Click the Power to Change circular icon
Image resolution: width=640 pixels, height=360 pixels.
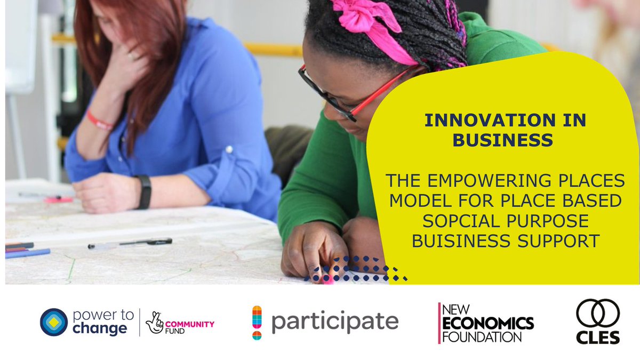54,322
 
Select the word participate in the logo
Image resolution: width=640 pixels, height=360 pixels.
334,322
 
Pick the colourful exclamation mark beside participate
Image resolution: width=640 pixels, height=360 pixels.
257,322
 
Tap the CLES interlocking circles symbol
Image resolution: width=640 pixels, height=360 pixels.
597,313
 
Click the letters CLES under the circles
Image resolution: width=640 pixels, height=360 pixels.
598,337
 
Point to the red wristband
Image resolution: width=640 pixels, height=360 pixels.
100,121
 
